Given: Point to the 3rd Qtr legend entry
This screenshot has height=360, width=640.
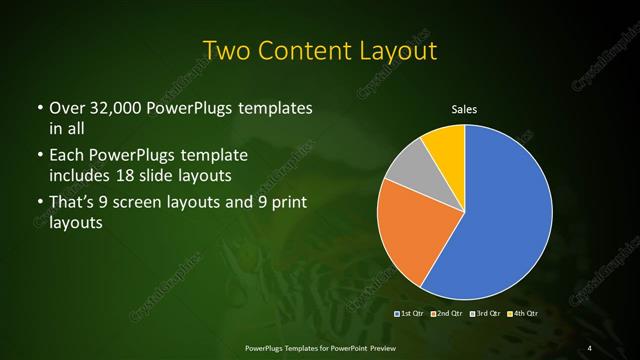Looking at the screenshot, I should pyautogui.click(x=484, y=315).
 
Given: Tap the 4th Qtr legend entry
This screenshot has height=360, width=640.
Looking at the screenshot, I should pyautogui.click(x=522, y=315).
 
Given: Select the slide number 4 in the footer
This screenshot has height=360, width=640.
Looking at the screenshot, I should pyautogui.click(x=590, y=347).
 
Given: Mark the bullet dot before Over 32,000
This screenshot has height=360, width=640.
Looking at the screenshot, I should pyautogui.click(x=39, y=108).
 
